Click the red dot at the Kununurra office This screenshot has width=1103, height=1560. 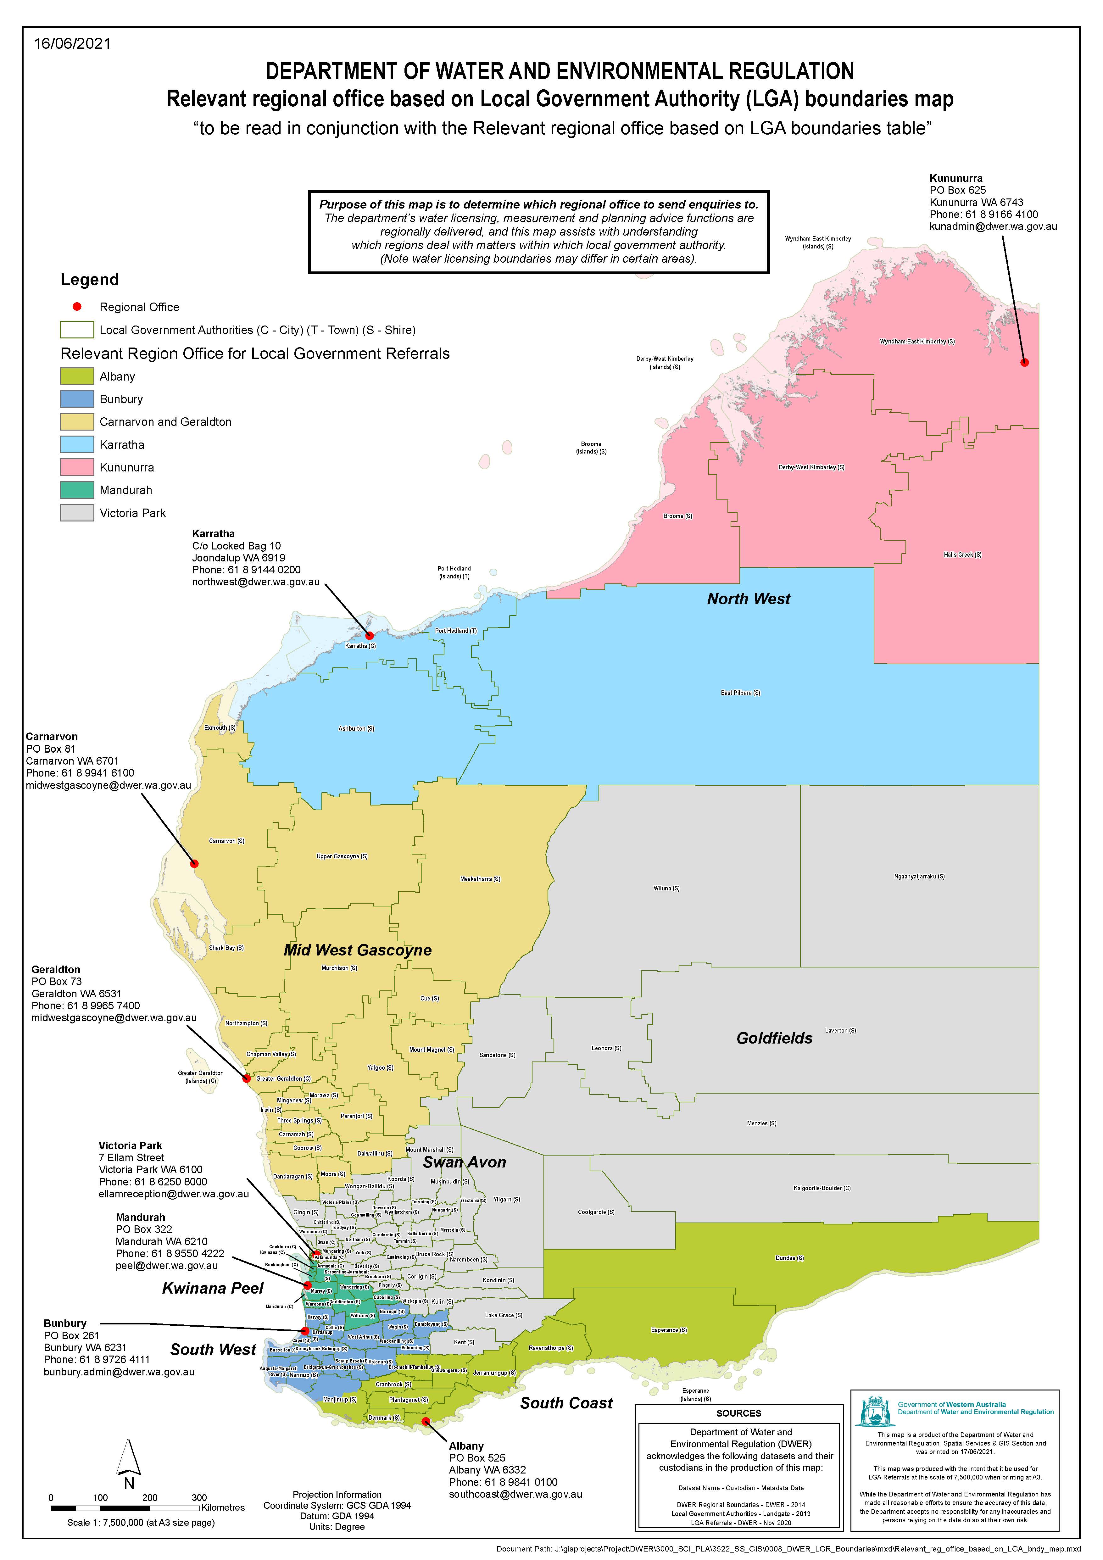pos(1025,362)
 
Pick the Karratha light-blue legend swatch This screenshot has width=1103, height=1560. pos(77,444)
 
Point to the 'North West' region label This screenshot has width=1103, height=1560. pos(748,599)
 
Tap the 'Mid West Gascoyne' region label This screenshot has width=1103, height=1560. pos(358,950)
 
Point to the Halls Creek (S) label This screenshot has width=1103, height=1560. pos(962,554)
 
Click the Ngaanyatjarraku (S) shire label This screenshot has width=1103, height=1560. pos(919,877)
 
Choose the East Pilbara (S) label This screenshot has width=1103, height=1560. pos(740,693)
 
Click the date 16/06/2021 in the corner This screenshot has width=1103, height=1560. pos(72,43)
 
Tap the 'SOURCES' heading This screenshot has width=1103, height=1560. pos(739,1413)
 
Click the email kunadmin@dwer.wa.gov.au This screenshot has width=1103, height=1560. pos(993,226)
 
